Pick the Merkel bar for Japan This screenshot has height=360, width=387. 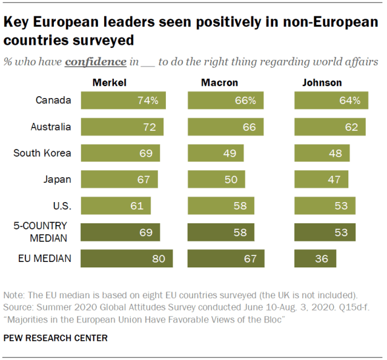pyautogui.click(x=119, y=180)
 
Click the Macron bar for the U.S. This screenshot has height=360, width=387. pyautogui.click(x=220, y=206)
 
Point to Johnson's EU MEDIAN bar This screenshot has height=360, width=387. pyautogui.click(x=315, y=258)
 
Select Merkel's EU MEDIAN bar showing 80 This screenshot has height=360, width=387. pyautogui.click(x=127, y=258)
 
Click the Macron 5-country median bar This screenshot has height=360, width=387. pyautogui.click(x=220, y=232)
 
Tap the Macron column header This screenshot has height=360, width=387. pyautogui.click(x=219, y=82)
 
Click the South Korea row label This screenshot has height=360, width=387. pyautogui.click(x=42, y=153)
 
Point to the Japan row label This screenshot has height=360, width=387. pyautogui.click(x=58, y=180)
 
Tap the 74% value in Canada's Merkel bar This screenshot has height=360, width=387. pyautogui.click(x=147, y=100)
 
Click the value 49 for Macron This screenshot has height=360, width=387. pyautogui.click(x=229, y=153)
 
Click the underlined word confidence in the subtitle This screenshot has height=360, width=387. pyautogui.click(x=96, y=62)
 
